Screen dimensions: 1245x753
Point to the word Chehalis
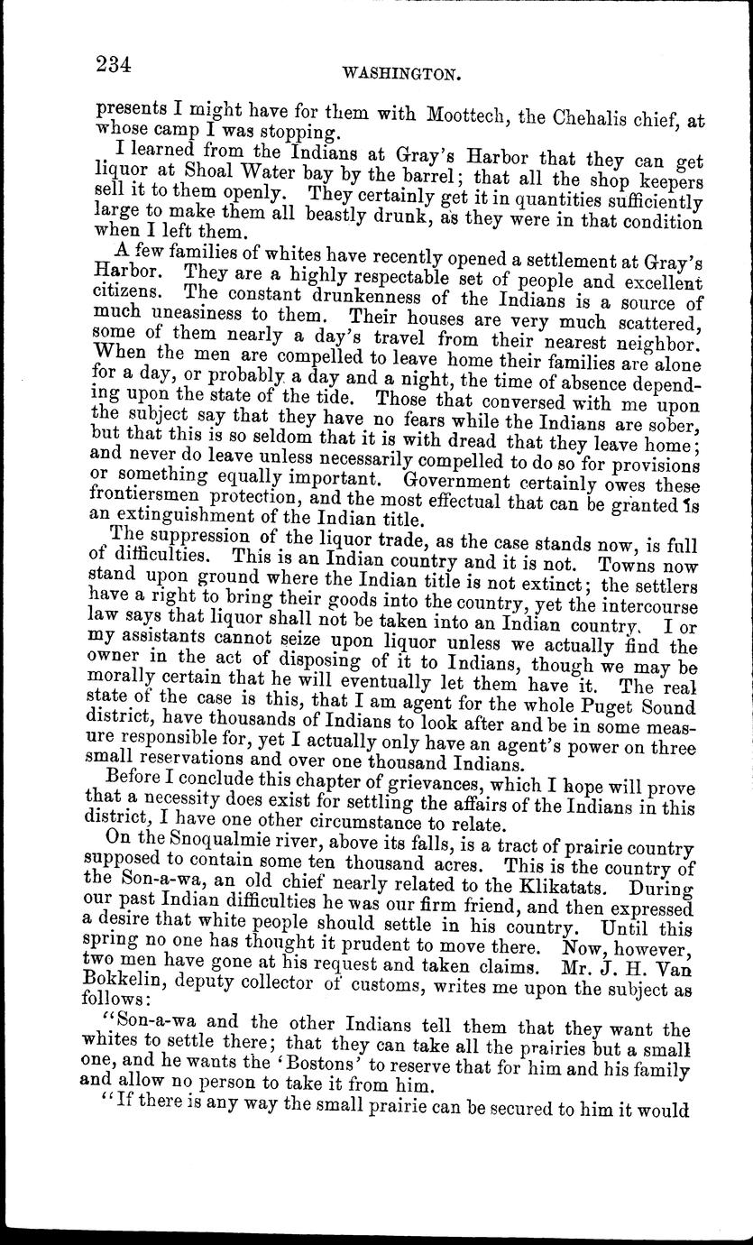593,115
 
